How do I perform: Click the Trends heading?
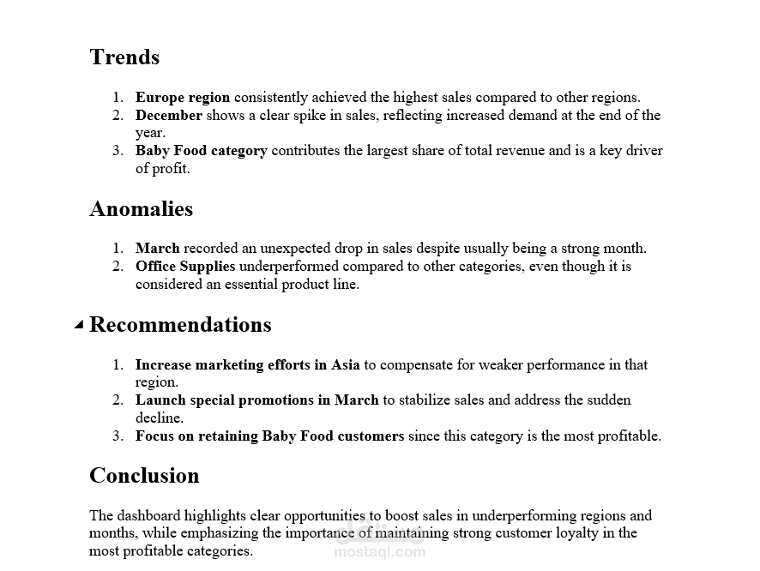pyautogui.click(x=124, y=57)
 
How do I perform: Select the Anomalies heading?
pyautogui.click(x=141, y=209)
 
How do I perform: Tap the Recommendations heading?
pyautogui.click(x=180, y=325)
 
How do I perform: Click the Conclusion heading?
pyautogui.click(x=144, y=476)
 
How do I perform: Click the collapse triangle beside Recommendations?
pyautogui.click(x=79, y=325)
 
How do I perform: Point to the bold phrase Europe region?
pyautogui.click(x=183, y=98)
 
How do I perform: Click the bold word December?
pyautogui.click(x=169, y=116)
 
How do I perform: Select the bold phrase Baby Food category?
pyautogui.click(x=201, y=151)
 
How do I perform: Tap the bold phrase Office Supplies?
pyautogui.click(x=185, y=267)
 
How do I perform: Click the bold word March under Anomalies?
pyautogui.click(x=157, y=249)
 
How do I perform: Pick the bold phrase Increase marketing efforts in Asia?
pyautogui.click(x=247, y=365)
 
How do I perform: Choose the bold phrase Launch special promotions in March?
pyautogui.click(x=256, y=400)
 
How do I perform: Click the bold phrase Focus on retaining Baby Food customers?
pyautogui.click(x=269, y=436)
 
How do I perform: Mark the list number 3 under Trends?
pyautogui.click(x=118, y=151)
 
